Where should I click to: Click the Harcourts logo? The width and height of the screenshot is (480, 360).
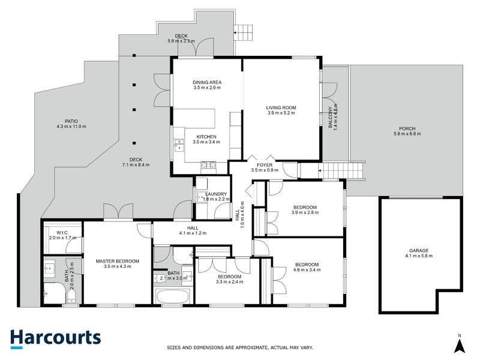[x=55, y=338]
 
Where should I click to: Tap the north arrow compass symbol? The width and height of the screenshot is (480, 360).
[x=459, y=344]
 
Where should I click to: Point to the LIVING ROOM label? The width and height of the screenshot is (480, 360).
[x=281, y=108]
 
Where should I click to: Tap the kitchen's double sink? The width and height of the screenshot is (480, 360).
[x=178, y=145]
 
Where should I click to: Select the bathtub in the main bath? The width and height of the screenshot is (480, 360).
[x=173, y=295]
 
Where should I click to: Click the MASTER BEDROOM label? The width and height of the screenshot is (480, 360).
[x=118, y=261]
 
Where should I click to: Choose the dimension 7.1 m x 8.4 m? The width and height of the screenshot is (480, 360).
[x=136, y=164]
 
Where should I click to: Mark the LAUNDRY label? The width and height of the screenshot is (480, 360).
[x=215, y=194]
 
